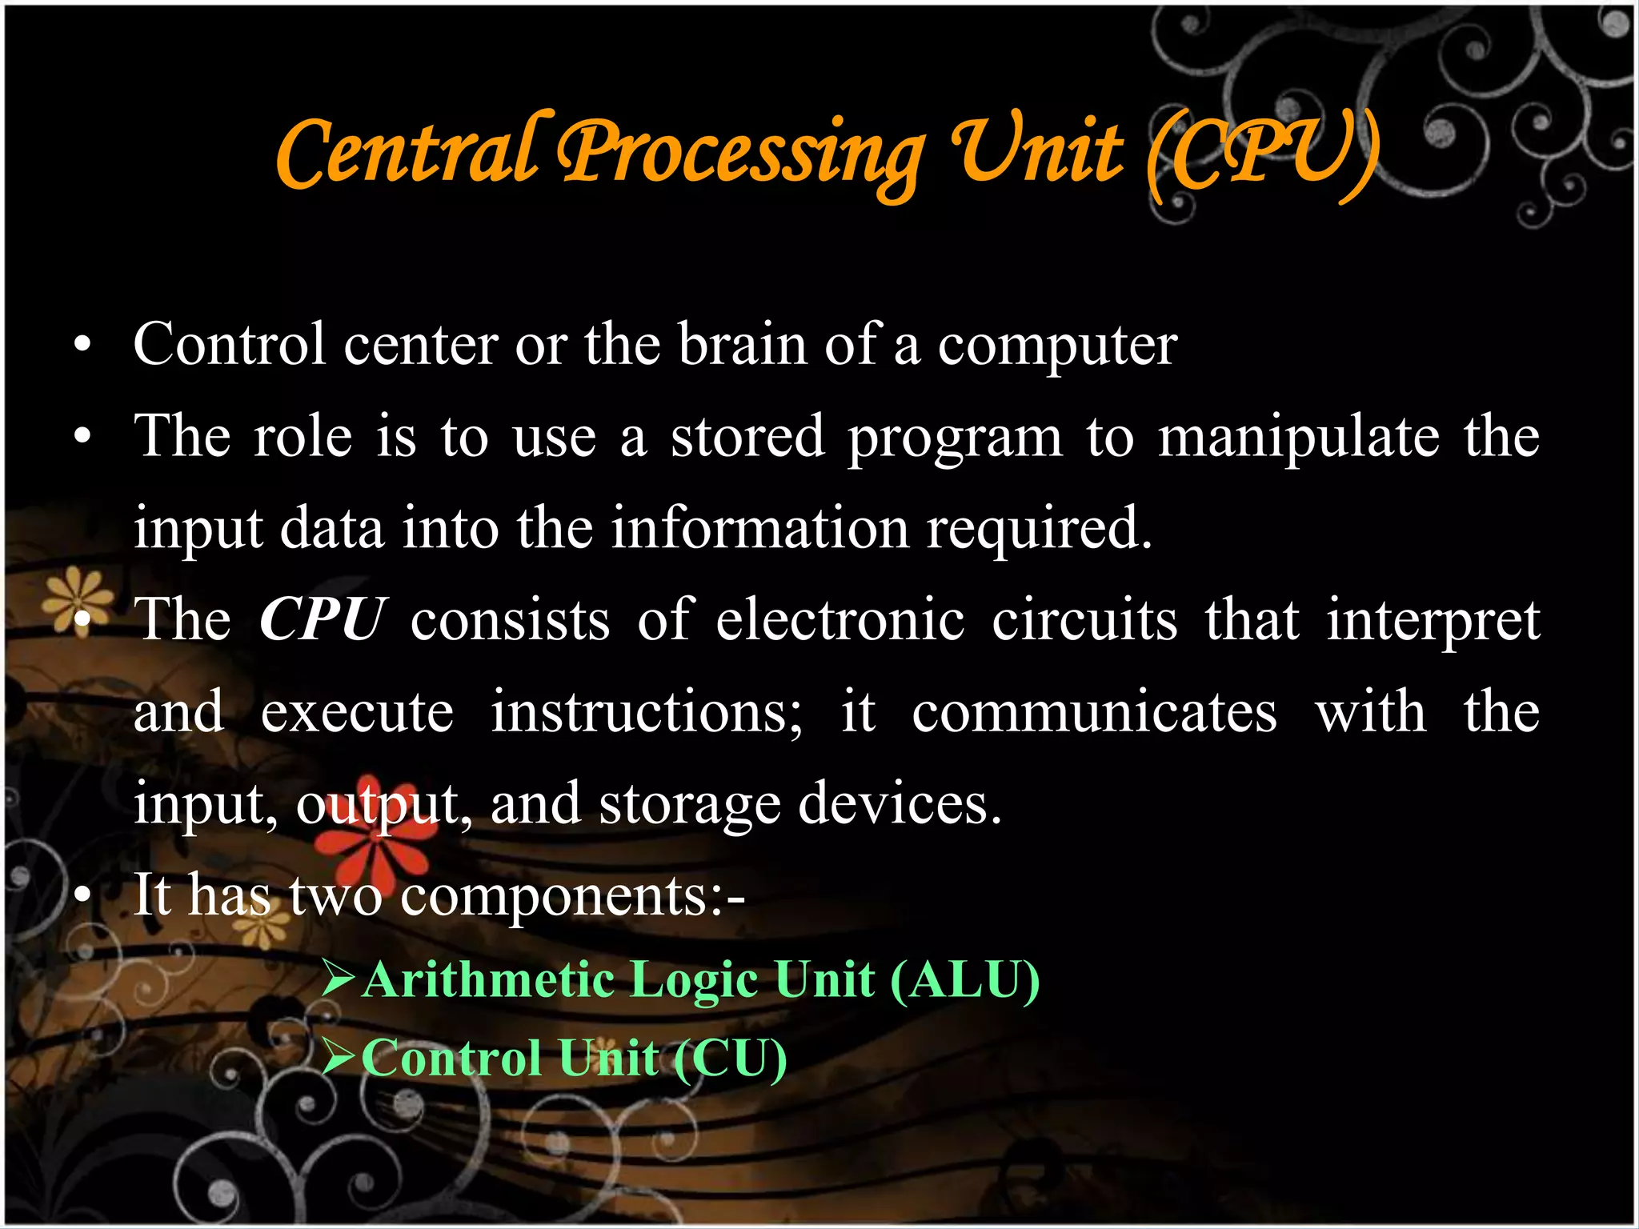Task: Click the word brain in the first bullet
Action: pyautogui.click(x=742, y=345)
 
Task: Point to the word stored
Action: pyautogui.click(x=747, y=437)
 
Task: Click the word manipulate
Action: pyautogui.click(x=1298, y=437)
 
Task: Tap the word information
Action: pyautogui.click(x=760, y=528)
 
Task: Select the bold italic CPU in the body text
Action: pyautogui.click(x=323, y=619)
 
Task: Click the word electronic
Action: pyautogui.click(x=840, y=620)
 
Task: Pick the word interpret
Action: pyautogui.click(x=1433, y=621)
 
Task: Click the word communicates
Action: pyautogui.click(x=1094, y=711)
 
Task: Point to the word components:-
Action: pyautogui.click(x=573, y=895)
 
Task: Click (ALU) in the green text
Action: pyautogui.click(x=964, y=979)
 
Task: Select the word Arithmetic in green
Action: pyautogui.click(x=487, y=979)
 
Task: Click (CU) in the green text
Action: pyautogui.click(x=730, y=1058)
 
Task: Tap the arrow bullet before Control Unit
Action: pyautogui.click(x=338, y=1058)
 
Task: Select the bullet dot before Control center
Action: pyautogui.click(x=82, y=346)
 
